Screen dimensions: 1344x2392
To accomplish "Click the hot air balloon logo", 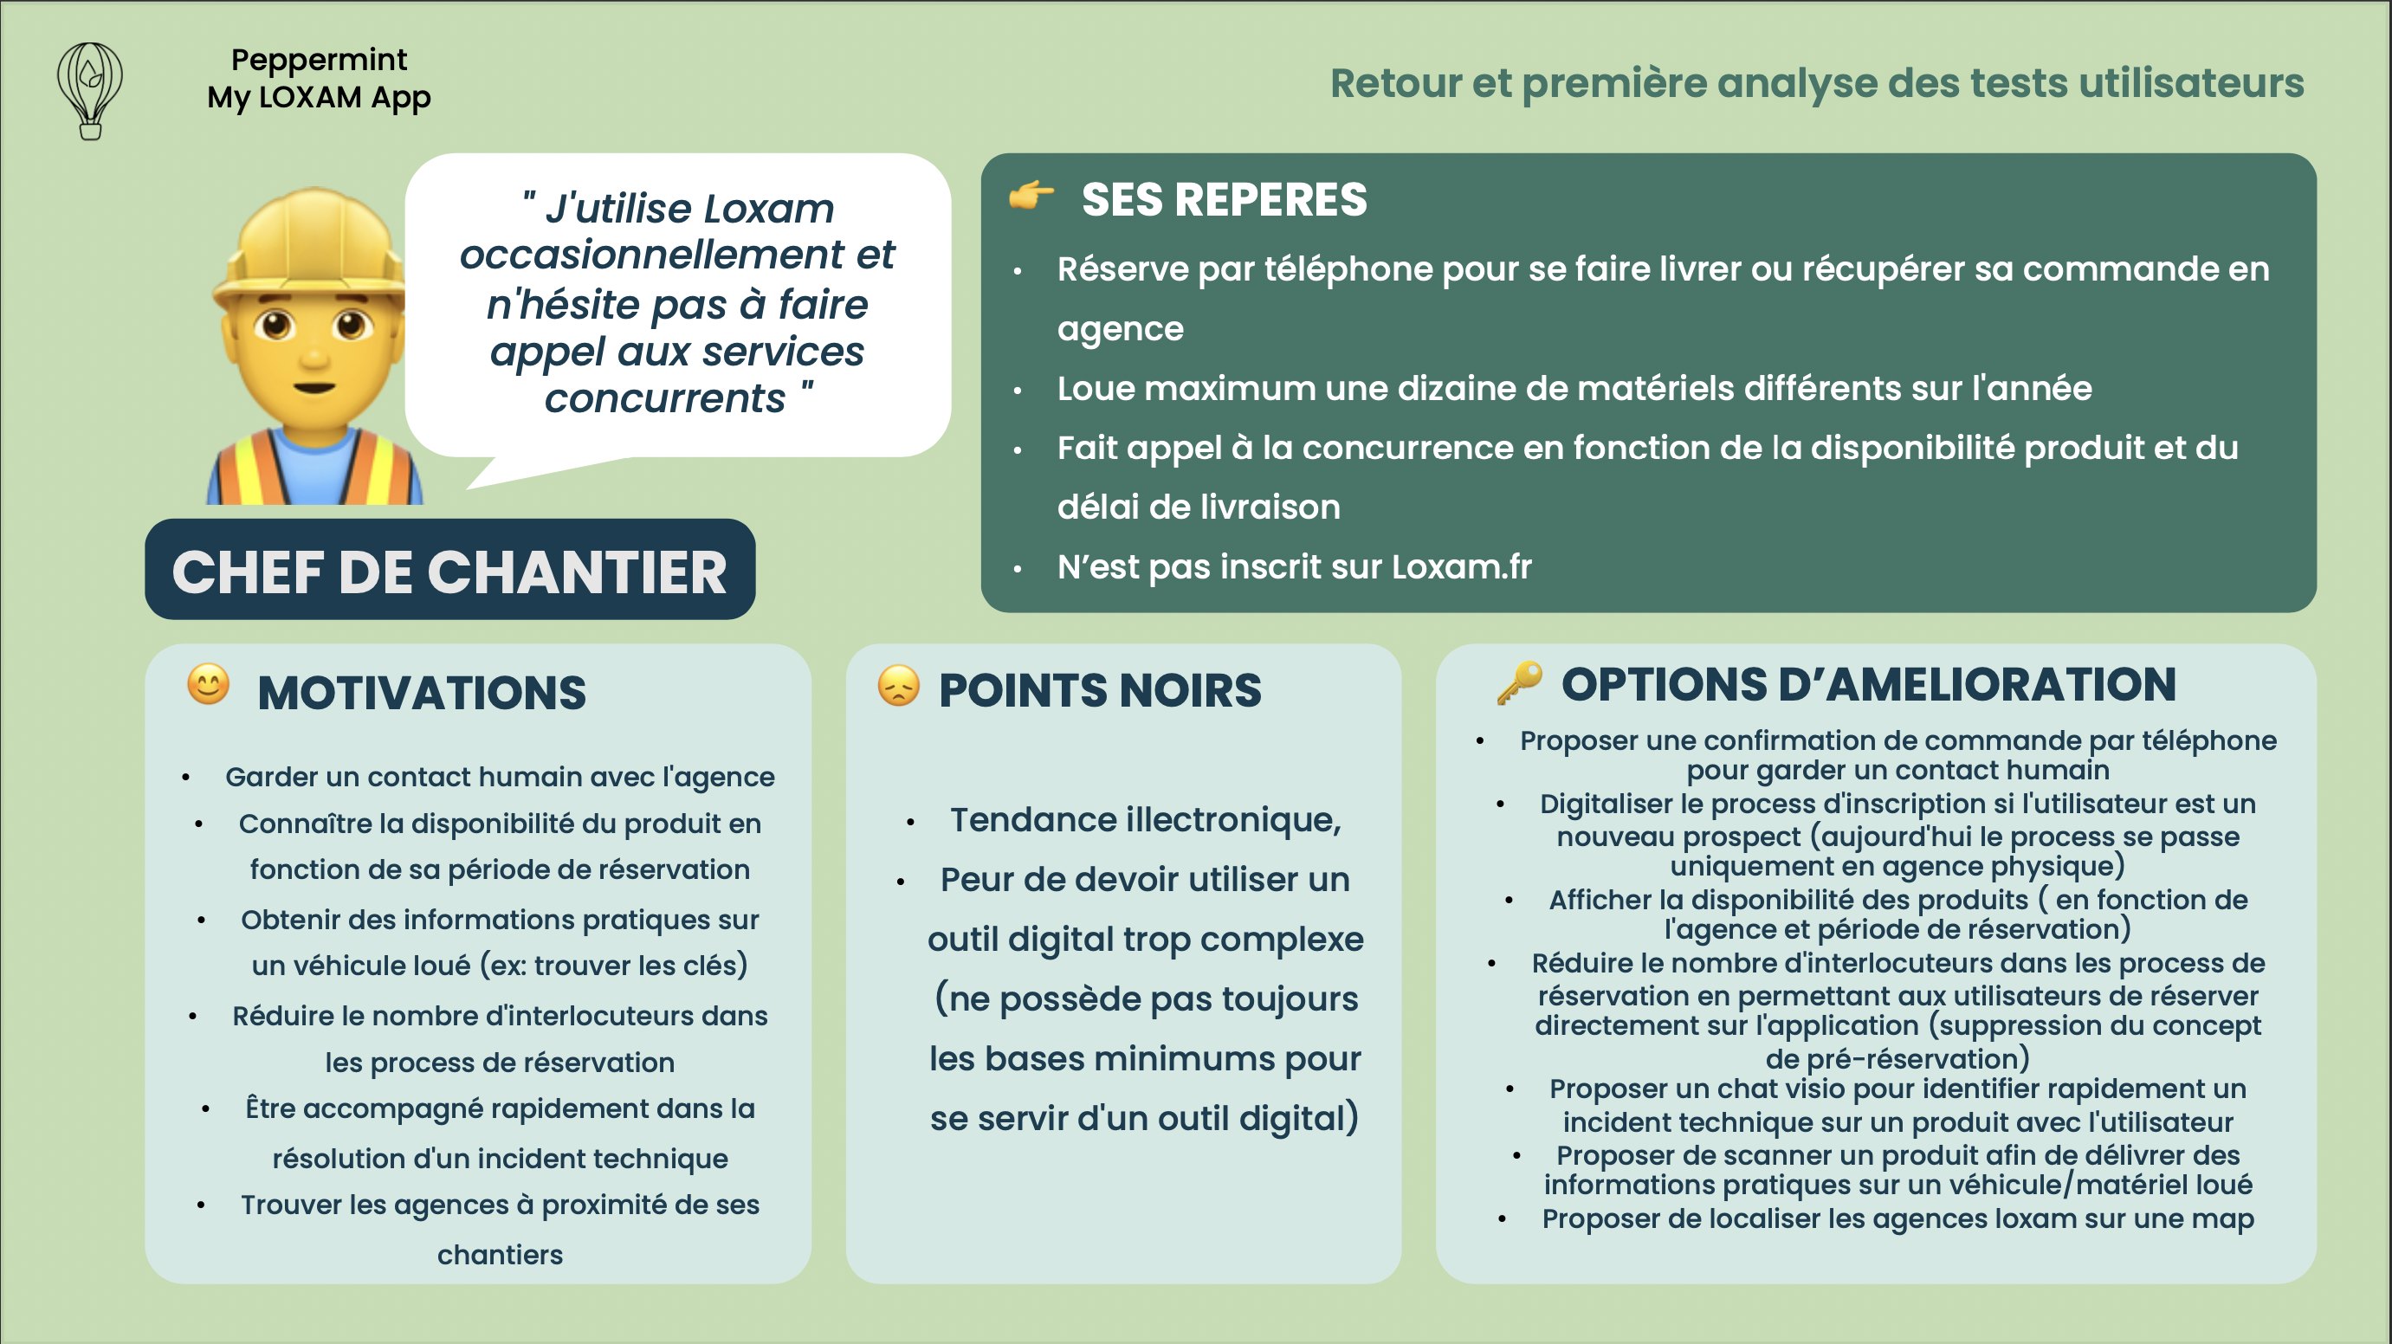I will [89, 90].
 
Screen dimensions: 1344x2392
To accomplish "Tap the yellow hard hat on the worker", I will [312, 246].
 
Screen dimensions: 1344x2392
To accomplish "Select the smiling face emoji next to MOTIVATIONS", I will [208, 686].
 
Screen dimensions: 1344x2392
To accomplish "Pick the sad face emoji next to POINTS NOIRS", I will [898, 687].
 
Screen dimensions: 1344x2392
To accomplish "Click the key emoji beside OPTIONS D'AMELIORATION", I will [1519, 682].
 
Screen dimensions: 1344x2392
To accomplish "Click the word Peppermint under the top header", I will [319, 60].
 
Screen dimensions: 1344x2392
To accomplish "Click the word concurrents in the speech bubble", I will [665, 398].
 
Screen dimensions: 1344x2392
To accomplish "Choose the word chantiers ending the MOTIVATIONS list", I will [500, 1255].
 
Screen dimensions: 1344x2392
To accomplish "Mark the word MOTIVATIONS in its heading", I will [422, 692].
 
